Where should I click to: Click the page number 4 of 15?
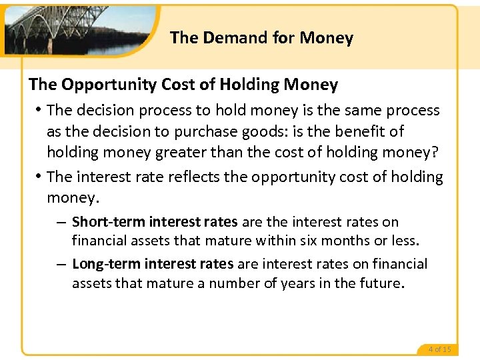click(x=439, y=349)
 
